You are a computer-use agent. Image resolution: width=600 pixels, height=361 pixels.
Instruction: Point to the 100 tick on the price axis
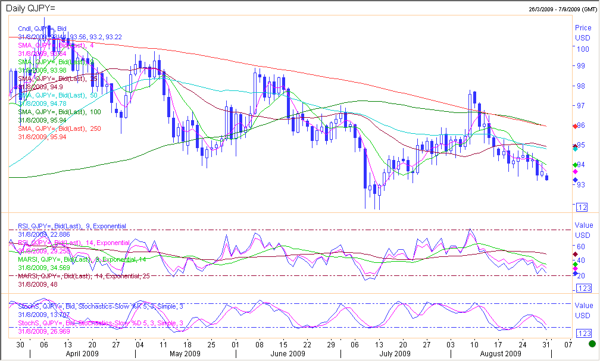[582, 49]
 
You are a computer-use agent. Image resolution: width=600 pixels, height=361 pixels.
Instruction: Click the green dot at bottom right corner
[592, 344]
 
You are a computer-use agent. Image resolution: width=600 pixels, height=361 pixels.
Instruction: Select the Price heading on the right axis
[583, 28]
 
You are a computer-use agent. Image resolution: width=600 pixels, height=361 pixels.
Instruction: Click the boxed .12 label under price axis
[582, 207]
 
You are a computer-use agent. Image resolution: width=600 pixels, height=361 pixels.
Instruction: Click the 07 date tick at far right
[568, 344]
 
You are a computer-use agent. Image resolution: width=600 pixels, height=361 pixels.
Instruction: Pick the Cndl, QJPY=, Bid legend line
[42, 29]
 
